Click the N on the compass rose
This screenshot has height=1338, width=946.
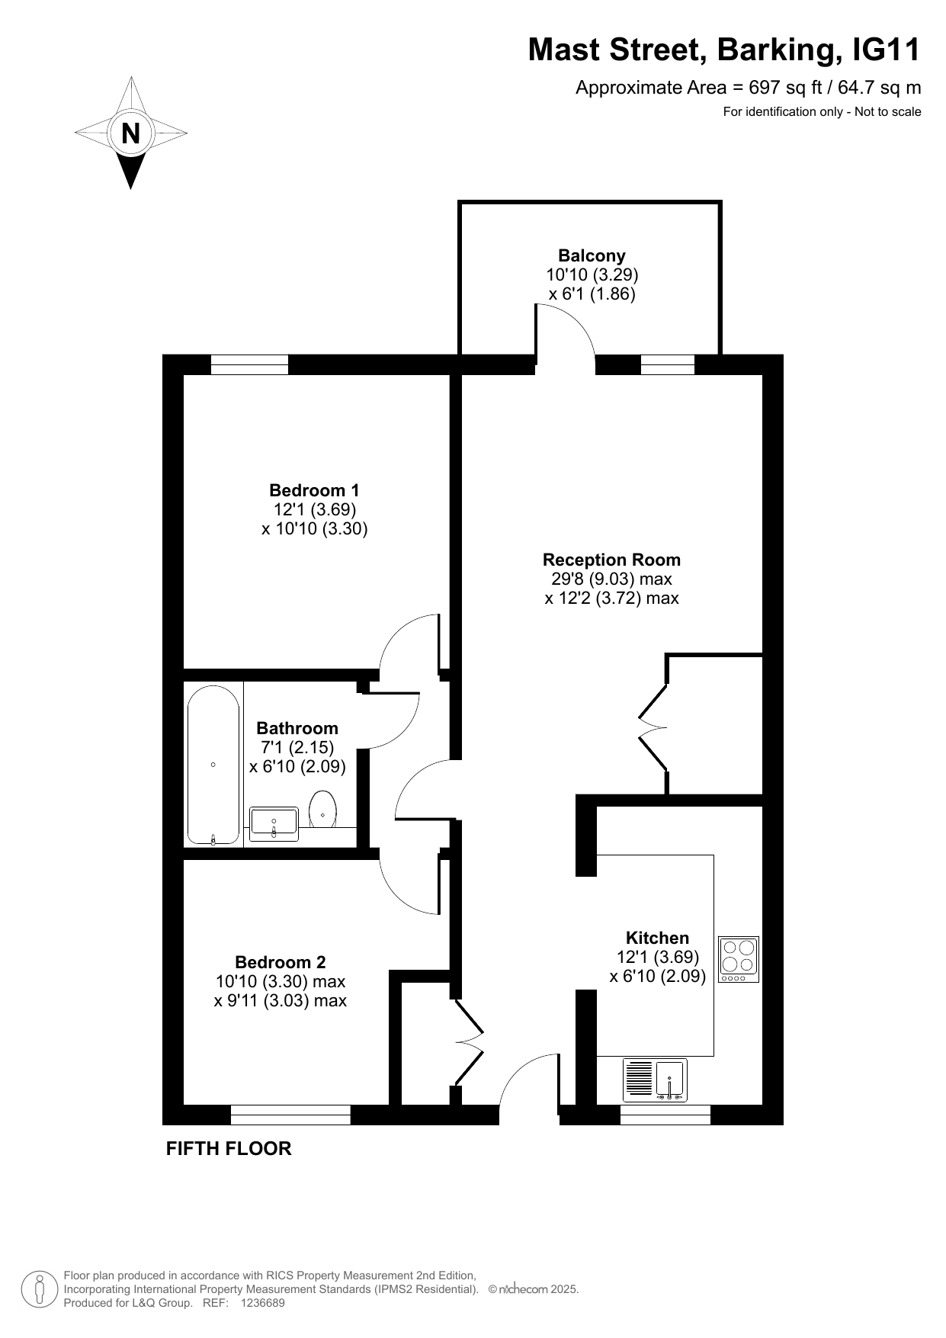pos(131,133)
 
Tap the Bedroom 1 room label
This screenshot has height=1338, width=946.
pos(314,490)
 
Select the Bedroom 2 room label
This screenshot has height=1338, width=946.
pos(280,962)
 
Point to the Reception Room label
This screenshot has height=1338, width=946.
pos(611,560)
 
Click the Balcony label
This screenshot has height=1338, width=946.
pos(592,255)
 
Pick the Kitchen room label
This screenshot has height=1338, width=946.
pos(657,938)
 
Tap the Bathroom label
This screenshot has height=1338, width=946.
pos(297,728)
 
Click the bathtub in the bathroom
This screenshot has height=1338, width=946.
pos(213,765)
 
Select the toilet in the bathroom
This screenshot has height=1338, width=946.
pos(323,809)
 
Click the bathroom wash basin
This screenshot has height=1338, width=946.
pos(274,824)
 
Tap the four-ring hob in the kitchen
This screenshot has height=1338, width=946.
pos(739,959)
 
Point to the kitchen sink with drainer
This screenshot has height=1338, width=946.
pos(655,1080)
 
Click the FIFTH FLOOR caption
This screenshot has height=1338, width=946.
pos(229,1148)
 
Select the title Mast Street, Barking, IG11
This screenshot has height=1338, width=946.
pos(724,50)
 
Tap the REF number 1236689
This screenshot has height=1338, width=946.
pos(262,1303)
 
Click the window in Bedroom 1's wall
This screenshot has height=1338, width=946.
pos(249,365)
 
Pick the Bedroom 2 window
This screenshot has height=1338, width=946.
pos(290,1115)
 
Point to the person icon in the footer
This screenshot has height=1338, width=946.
pos(38,1289)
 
